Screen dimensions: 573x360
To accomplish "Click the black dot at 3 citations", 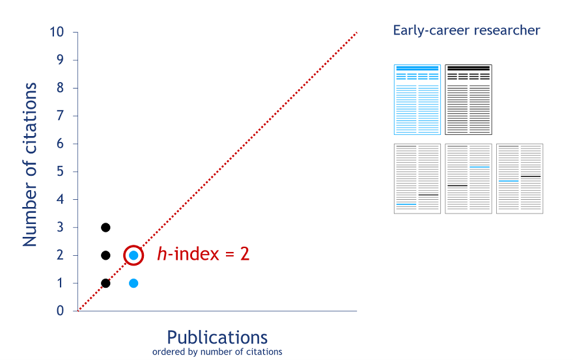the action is (x=105, y=228).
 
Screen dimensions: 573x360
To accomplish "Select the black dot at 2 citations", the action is (x=105, y=255).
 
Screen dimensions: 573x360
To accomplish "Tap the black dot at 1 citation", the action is (x=105, y=283).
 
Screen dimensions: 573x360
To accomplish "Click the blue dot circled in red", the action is (x=133, y=255).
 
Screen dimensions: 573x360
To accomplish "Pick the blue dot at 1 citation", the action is (x=133, y=283).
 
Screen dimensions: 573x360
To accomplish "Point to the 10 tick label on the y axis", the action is (x=57, y=32).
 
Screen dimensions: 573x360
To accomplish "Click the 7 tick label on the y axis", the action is (x=60, y=116).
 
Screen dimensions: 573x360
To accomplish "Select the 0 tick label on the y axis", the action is (x=60, y=311).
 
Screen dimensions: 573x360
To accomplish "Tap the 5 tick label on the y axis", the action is (x=60, y=171).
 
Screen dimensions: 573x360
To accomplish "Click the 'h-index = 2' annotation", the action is (x=203, y=254).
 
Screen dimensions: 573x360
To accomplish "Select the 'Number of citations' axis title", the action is (x=29, y=165).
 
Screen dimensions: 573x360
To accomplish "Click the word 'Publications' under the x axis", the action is (x=217, y=337).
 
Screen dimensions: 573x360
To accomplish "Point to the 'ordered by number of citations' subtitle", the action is (x=217, y=352).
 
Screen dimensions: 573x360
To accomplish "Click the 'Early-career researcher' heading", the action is (x=466, y=30).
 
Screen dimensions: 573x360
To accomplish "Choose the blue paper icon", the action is (x=417, y=100).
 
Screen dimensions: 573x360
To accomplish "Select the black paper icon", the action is (x=468, y=100).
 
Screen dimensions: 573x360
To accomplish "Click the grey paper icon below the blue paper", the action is (x=417, y=179).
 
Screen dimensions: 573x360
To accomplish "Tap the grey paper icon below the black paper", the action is (x=468, y=179).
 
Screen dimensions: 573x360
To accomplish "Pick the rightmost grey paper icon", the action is (x=520, y=179).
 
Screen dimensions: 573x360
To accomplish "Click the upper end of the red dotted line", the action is (x=356, y=33).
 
